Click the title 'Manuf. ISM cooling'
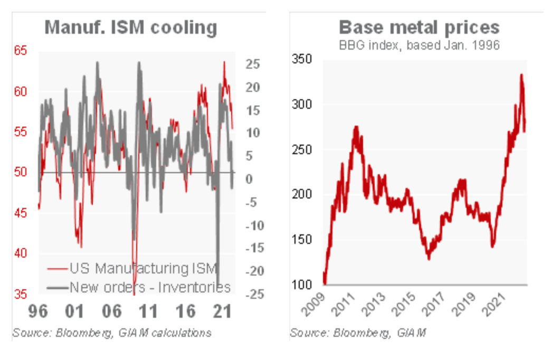pos(130,27)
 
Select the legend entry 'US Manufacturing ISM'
pos(143,268)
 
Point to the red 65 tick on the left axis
pos(21,51)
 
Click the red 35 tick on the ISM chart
pos(21,293)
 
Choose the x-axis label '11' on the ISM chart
pos(148,311)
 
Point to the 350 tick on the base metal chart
pos(301,59)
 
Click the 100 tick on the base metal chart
pos(301,285)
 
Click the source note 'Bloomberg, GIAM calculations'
pos(111,333)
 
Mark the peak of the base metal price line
pos(521,75)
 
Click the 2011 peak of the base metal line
pos(356,127)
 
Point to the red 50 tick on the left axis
pos(21,172)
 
